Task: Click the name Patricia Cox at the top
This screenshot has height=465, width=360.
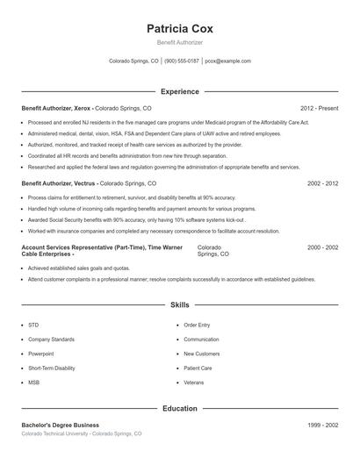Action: (179, 28)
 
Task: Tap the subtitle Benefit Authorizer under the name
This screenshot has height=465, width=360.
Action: (179, 42)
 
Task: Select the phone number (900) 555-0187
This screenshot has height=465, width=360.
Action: (182, 61)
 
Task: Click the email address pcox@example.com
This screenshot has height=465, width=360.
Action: (227, 61)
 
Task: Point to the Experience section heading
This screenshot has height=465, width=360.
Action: (179, 91)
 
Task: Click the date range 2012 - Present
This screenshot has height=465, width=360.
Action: (319, 108)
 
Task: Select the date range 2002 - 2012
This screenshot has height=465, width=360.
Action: (322, 184)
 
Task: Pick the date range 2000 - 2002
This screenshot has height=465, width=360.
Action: (322, 248)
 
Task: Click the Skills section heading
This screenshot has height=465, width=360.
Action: (179, 305)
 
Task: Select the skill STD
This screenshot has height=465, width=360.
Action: (33, 325)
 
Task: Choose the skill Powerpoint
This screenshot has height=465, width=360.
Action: (41, 354)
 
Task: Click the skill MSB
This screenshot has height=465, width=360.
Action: (33, 383)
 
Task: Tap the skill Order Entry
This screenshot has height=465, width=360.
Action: (197, 325)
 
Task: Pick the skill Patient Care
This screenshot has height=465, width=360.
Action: (198, 368)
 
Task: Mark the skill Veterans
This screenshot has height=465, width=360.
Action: (193, 383)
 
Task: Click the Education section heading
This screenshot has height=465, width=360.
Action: (179, 408)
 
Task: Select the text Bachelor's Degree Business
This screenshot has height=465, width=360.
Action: (60, 425)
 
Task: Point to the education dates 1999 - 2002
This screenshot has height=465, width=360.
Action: (322, 425)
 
